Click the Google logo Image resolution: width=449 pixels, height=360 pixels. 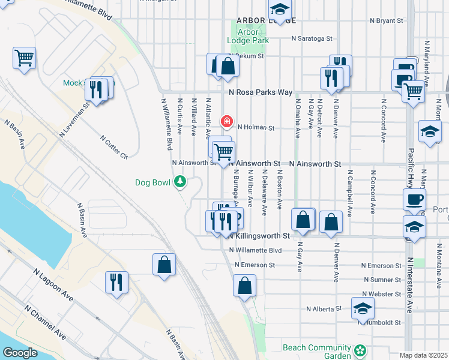[20, 353]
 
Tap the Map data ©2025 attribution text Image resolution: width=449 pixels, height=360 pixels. [424, 355]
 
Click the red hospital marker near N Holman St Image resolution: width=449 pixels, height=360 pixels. [226, 122]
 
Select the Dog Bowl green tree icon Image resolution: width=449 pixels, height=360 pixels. [179, 181]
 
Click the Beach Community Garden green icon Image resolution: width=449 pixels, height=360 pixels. [360, 350]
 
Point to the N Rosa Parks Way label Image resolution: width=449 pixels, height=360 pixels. [261, 92]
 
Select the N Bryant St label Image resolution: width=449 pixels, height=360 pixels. [387, 20]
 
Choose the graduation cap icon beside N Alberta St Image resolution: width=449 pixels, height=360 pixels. [363, 308]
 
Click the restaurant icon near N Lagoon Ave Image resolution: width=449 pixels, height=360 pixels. [116, 282]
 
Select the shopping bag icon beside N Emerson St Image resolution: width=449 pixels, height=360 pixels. [164, 265]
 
